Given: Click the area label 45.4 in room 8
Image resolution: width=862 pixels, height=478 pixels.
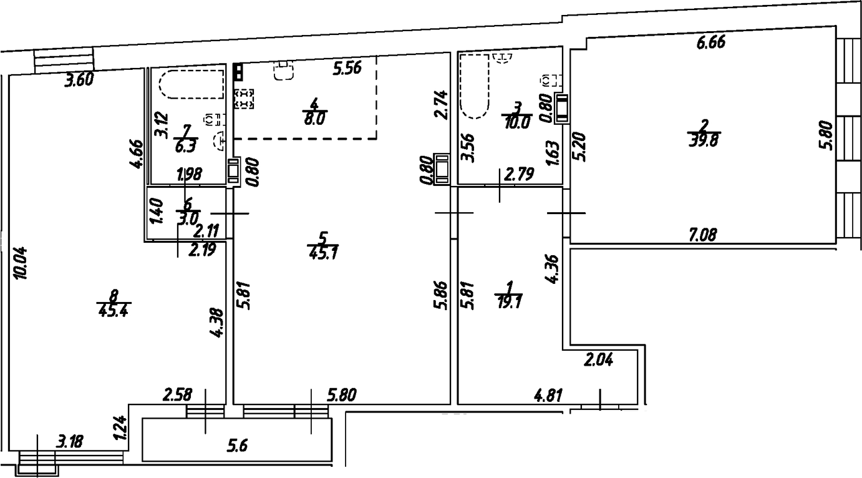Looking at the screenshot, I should (x=114, y=310).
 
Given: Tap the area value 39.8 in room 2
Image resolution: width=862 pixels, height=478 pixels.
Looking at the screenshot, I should (x=703, y=140).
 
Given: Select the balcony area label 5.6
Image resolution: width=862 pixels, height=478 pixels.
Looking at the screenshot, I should (x=237, y=446).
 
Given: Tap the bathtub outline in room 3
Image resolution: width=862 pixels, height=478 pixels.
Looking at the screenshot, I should (x=475, y=86).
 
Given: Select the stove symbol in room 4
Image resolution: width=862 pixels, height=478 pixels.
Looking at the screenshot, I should (x=245, y=99).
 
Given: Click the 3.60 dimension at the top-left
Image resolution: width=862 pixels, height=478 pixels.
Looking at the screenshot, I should (x=84, y=79).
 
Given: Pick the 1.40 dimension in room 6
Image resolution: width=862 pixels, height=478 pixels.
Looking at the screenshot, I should (x=157, y=212).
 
